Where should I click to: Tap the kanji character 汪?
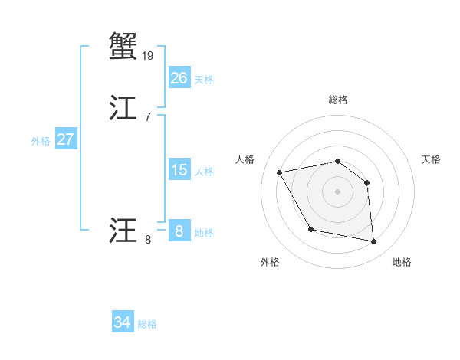pos(123,230)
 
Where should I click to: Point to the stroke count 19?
pos(149,55)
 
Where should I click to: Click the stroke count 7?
pos(147,116)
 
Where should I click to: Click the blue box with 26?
pos(179,78)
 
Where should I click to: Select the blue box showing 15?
pos(179,170)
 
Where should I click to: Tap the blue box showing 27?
pos(65,139)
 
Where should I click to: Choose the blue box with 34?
pos(122,322)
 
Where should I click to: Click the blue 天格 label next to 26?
pos(204,80)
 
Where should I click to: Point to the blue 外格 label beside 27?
pos(41,141)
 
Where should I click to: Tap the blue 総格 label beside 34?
pos(147,324)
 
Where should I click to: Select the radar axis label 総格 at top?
pos(337,100)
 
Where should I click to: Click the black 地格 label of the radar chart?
pos(402,262)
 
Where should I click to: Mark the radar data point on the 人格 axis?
pos(280,172)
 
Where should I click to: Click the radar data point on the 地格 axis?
pos(373,242)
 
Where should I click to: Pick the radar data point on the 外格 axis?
pos(310,229)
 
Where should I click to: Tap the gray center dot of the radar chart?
pos(337,191)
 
